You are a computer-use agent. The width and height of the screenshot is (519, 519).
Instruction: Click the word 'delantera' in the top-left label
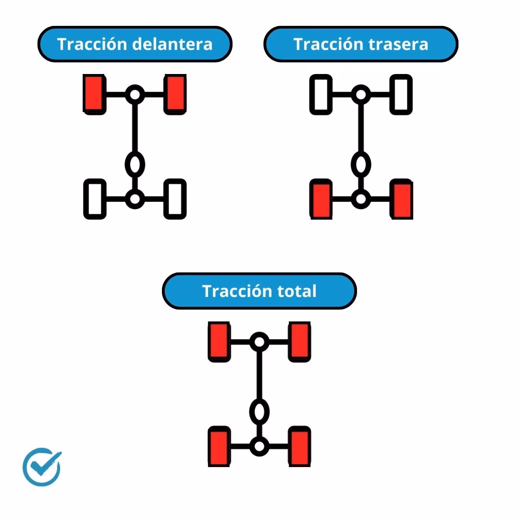coord(172,44)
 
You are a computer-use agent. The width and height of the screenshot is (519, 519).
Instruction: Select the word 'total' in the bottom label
coord(297,291)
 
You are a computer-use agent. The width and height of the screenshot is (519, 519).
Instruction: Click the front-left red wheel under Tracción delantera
coord(95,94)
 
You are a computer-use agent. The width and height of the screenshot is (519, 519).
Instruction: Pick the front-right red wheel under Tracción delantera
coord(175,94)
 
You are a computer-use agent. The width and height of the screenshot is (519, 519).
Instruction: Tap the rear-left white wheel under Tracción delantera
coord(95,198)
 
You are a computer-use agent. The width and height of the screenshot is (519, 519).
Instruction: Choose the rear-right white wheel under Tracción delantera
coord(175,198)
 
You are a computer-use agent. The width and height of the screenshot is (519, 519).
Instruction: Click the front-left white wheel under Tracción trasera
coord(321,94)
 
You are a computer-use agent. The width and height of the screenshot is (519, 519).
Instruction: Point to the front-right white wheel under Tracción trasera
coord(401,94)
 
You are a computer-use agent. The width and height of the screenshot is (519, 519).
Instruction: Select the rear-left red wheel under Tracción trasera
coord(321,199)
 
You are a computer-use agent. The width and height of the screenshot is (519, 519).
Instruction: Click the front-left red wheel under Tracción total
coord(219,342)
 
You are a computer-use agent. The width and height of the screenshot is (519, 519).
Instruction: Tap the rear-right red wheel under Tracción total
coord(299,446)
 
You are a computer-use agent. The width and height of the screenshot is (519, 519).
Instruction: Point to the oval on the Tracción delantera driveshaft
coord(135,164)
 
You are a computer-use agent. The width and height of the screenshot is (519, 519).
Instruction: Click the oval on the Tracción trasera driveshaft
coord(361,164)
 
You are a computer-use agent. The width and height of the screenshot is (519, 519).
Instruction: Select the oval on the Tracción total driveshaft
coord(259,411)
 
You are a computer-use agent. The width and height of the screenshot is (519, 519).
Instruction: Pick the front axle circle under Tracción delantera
coord(135,94)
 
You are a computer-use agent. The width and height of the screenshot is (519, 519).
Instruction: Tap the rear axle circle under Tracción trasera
coord(360,198)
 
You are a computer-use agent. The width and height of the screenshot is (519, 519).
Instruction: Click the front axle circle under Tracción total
coord(259,342)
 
